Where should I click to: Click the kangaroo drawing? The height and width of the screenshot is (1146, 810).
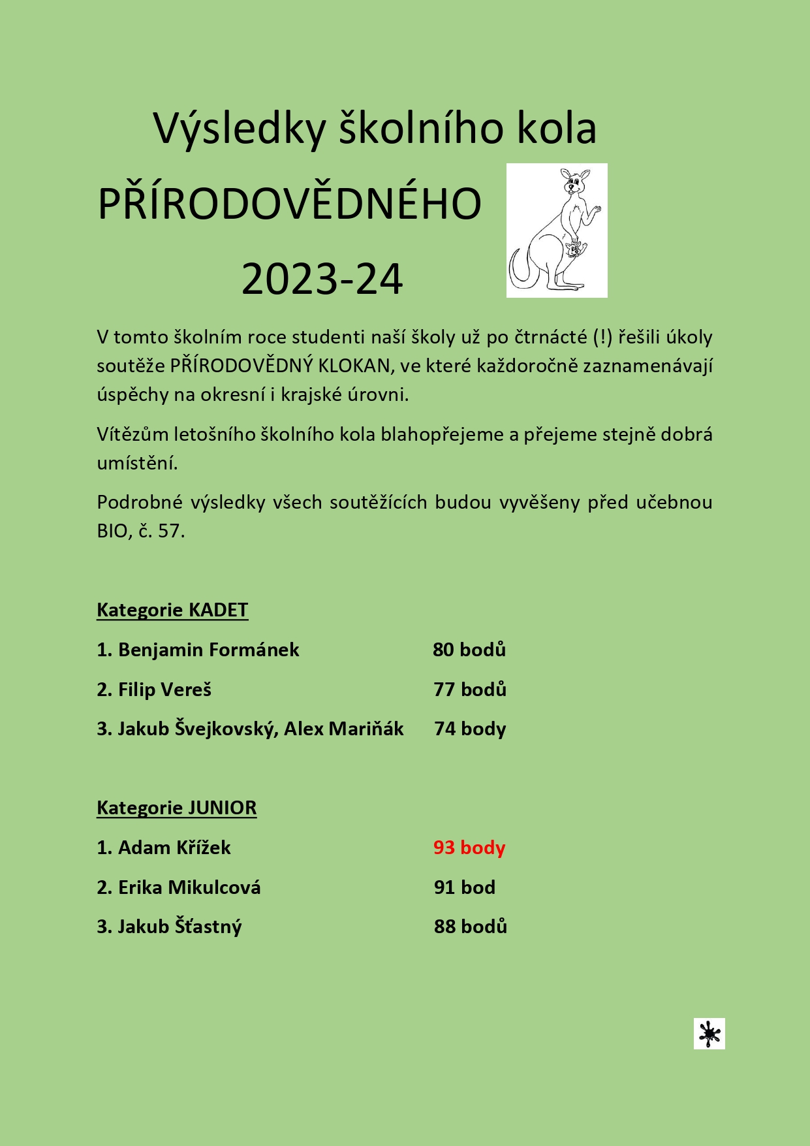point(557,230)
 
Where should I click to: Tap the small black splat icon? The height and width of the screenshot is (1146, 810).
point(709,1033)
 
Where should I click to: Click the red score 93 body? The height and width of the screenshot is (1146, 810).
point(469,848)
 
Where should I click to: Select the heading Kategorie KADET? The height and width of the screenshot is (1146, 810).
point(172,610)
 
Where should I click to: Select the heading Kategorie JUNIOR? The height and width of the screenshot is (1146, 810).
point(176,808)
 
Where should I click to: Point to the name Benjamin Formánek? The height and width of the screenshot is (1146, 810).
point(208,650)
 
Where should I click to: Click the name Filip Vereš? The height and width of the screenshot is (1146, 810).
point(164,690)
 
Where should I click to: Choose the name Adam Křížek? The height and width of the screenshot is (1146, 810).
point(174,848)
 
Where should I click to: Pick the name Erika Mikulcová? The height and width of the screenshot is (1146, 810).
point(189,887)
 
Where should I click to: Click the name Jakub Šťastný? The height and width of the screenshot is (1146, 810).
point(179,927)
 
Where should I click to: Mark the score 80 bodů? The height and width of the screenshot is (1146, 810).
point(469,650)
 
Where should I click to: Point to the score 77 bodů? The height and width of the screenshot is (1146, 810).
point(470,690)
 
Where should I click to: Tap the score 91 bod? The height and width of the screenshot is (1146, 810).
point(464,887)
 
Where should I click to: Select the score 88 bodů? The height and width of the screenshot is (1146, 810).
point(470,927)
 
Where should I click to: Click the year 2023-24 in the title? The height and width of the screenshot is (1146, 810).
point(322,279)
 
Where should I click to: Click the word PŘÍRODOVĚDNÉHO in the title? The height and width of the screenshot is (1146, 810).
point(289,204)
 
